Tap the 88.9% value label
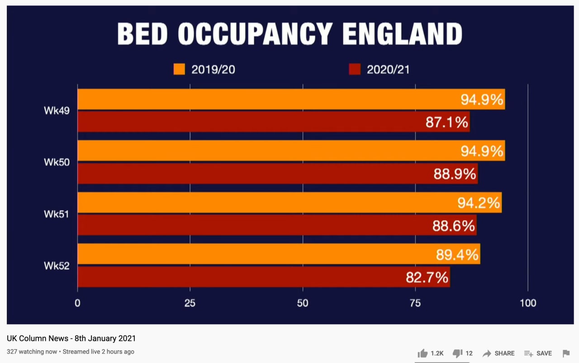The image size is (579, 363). pos(455,174)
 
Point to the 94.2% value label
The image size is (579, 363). pos(479,203)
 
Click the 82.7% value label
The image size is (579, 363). pos(427,277)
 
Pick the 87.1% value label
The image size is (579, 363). pos(447,122)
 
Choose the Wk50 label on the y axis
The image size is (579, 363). pos(57,162)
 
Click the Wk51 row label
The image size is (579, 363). pos(57,214)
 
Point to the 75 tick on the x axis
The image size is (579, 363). pos(415,303)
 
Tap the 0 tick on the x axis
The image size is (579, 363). pos(77,303)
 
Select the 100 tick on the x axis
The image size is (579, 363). pos(528,303)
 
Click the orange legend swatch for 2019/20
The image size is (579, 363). pos(179,69)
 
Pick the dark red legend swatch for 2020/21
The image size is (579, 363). pos(355,69)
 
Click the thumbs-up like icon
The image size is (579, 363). pos(422,354)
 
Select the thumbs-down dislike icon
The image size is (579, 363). pos(457,354)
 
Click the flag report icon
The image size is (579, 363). pos(566,354)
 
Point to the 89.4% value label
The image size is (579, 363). pos(457,255)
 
